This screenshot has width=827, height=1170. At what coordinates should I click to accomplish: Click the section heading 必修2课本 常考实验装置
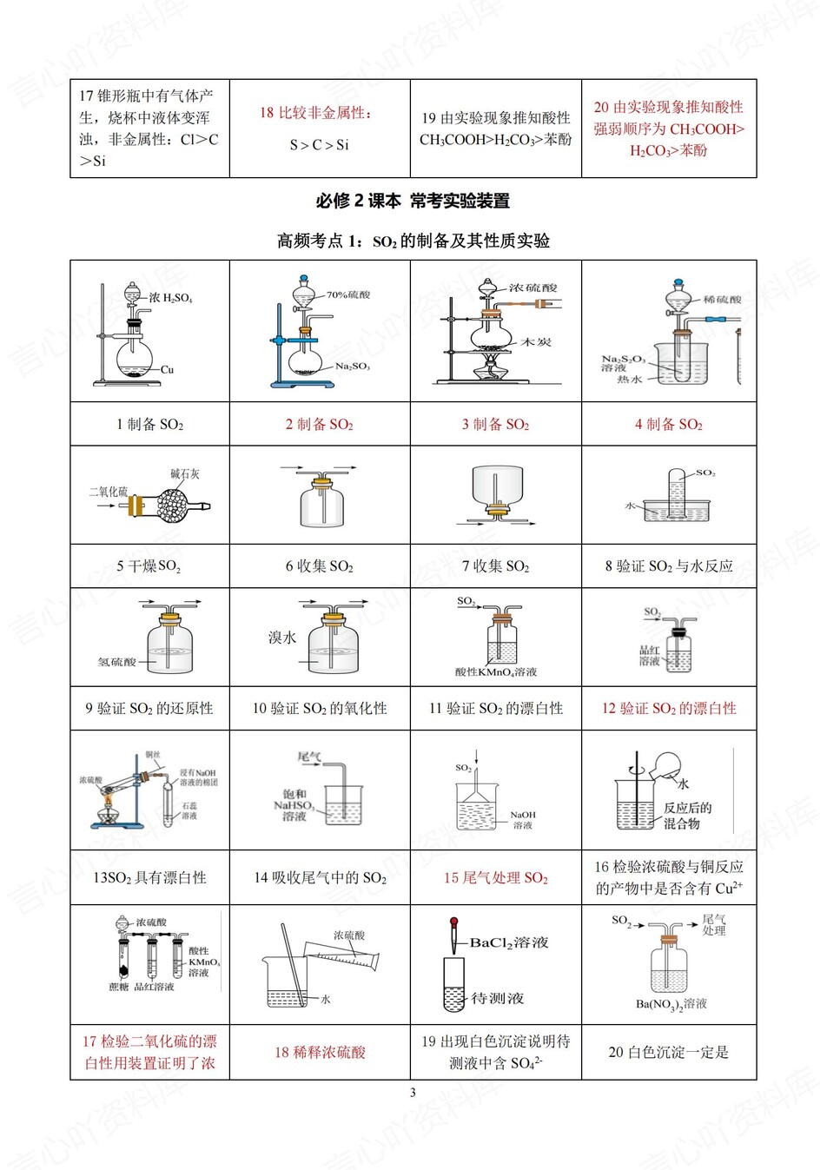click(x=413, y=202)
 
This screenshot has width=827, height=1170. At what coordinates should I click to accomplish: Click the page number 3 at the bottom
click(x=413, y=1093)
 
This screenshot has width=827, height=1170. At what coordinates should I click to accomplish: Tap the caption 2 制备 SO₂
click(x=320, y=425)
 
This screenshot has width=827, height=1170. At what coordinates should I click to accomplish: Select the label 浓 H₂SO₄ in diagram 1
click(x=170, y=298)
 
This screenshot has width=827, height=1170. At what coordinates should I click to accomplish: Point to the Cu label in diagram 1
click(x=167, y=369)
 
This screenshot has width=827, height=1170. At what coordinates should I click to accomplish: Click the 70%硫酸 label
click(x=348, y=294)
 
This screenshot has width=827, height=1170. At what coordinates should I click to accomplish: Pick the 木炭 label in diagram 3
click(x=536, y=342)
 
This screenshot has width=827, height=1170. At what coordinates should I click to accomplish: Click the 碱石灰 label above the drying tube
click(x=185, y=474)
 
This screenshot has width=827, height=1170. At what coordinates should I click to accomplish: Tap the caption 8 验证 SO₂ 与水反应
click(x=669, y=566)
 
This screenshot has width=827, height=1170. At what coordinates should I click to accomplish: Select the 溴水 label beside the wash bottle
click(x=282, y=638)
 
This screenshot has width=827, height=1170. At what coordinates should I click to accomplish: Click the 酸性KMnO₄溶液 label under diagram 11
click(x=496, y=671)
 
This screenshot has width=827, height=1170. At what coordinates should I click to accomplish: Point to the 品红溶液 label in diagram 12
click(x=650, y=656)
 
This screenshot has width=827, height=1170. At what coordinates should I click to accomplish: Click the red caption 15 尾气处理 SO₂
click(x=496, y=878)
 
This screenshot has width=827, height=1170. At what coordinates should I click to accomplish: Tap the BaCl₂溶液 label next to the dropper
click(x=509, y=942)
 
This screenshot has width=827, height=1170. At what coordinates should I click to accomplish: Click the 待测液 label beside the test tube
click(x=497, y=999)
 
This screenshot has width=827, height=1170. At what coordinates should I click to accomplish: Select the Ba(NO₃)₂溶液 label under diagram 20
click(x=671, y=1004)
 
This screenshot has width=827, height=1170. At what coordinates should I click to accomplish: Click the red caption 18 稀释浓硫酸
click(x=320, y=1053)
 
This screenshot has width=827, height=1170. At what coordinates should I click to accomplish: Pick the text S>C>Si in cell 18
click(x=319, y=145)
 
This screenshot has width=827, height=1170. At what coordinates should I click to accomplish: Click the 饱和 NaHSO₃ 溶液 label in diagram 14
click(x=294, y=805)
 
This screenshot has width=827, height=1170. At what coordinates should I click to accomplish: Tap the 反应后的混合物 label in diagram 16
click(x=687, y=816)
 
